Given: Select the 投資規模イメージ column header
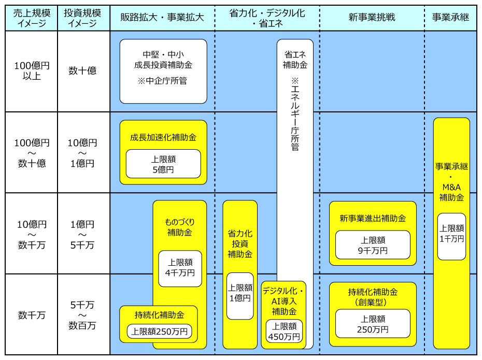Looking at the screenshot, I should [x=82, y=18].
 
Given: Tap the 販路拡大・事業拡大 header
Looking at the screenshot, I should [x=162, y=18].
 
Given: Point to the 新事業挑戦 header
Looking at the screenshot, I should [x=372, y=18].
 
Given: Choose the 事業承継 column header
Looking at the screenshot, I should [x=450, y=18].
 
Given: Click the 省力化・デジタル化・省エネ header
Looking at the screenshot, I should [x=267, y=18].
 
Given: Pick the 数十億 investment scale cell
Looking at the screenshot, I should [x=82, y=71].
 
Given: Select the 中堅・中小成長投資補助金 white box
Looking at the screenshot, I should [x=163, y=71].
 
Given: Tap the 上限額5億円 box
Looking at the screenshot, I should [x=163, y=164].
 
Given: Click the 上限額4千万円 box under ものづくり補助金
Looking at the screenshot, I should [x=180, y=268].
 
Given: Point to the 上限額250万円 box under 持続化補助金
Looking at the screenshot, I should [x=159, y=332].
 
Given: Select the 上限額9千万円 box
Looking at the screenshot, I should [x=373, y=245].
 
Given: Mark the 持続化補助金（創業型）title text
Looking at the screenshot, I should [x=373, y=296].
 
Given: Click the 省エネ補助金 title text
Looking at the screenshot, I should [x=295, y=60].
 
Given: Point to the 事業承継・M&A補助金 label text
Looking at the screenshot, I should [x=451, y=182].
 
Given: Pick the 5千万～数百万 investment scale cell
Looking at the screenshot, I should [x=82, y=315].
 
